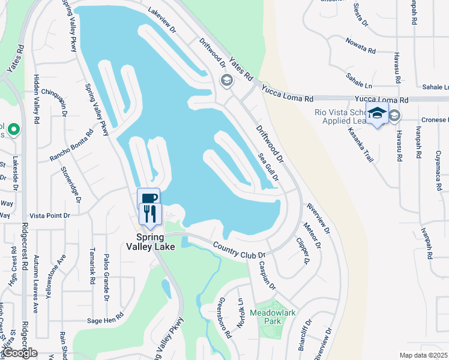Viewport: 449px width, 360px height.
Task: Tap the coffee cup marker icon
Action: click(148, 199)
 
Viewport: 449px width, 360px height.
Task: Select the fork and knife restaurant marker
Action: click(149, 214)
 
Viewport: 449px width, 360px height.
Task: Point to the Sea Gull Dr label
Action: click(268, 166)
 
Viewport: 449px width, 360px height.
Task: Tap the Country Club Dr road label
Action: click(240, 249)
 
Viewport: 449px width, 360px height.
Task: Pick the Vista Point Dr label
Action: click(50, 215)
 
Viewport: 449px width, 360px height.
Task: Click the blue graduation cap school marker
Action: click(377, 113)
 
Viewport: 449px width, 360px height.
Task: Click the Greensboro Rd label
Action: click(224, 318)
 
